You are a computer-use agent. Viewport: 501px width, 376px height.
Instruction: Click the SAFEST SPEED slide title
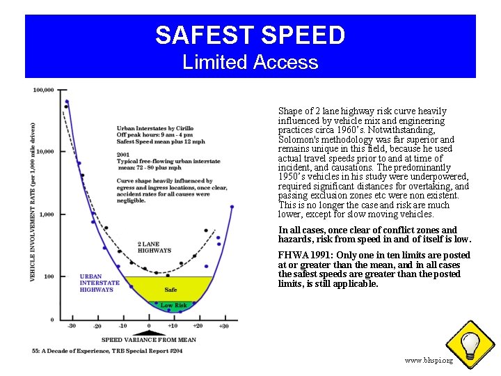coord(250,35)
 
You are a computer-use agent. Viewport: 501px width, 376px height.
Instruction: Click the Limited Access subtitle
coord(250,63)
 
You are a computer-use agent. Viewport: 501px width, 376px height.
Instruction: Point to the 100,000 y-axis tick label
coord(44,91)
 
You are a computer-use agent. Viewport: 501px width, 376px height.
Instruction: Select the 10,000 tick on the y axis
coord(45,152)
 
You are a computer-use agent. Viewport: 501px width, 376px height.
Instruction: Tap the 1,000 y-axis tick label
coord(47,214)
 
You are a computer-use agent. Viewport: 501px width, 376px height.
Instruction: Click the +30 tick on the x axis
coord(223,326)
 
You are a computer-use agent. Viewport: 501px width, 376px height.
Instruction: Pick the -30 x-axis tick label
coord(71,326)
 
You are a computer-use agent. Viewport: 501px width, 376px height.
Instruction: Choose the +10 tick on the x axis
coord(173,326)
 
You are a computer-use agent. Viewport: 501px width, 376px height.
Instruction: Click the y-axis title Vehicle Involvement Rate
coord(33,202)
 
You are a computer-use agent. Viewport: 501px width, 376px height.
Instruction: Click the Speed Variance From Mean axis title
coord(149,340)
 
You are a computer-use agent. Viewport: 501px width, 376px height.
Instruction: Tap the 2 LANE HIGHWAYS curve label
coord(154,247)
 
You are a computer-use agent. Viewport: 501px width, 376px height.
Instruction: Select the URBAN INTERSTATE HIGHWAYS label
coord(100,283)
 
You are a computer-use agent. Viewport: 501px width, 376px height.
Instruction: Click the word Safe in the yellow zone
coord(170,290)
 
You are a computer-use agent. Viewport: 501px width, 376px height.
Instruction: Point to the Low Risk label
coord(174,305)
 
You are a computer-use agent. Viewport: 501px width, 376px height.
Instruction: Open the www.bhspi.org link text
coord(429,361)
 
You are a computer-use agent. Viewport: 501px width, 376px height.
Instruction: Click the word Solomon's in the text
coord(299,140)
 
